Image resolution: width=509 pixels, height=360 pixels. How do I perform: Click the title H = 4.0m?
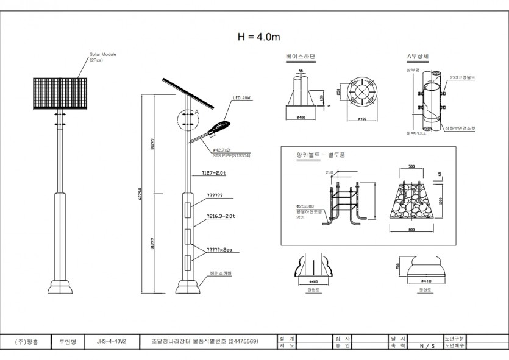[259, 37]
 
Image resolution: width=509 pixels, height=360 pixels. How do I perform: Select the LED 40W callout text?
[241, 97]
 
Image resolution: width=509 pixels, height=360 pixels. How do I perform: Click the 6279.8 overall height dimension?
[141, 189]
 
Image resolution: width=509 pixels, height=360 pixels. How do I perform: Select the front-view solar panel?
[60, 93]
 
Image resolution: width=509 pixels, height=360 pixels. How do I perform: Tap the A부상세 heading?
[418, 57]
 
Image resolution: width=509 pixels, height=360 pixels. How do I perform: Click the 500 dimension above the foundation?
[412, 166]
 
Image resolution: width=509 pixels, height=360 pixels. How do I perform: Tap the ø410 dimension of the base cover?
[425, 281]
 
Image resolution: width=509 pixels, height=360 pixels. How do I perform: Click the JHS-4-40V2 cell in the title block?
[111, 342]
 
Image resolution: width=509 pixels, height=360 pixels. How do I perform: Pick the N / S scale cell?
[427, 345]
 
